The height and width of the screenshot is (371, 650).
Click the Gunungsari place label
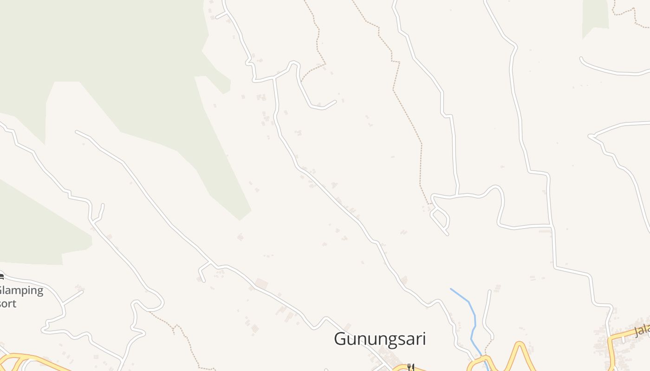click(x=380, y=339)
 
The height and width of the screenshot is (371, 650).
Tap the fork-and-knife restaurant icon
click(x=410, y=367)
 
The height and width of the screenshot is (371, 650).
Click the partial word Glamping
click(x=21, y=291)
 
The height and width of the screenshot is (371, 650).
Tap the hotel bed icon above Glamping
click(x=1, y=277)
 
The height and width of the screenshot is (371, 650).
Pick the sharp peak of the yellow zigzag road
click(x=519, y=344)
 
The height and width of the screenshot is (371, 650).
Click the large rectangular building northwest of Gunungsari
click(x=261, y=283)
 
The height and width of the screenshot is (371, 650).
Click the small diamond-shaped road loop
click(x=440, y=219)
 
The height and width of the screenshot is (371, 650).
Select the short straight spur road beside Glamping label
click(x=72, y=298)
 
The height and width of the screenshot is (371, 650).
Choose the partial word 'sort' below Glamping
click(x=8, y=304)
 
